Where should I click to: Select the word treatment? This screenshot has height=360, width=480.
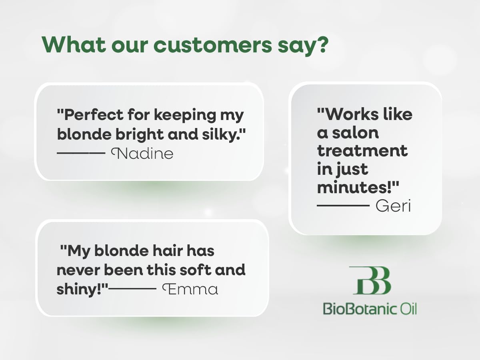(x=362, y=151)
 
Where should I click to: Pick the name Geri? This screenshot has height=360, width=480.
(x=393, y=206)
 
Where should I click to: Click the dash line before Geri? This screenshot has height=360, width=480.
(x=343, y=206)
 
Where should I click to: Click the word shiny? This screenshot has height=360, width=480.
(x=80, y=289)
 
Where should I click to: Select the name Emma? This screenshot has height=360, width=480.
(x=190, y=289)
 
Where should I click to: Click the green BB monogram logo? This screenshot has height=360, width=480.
(x=370, y=280)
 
